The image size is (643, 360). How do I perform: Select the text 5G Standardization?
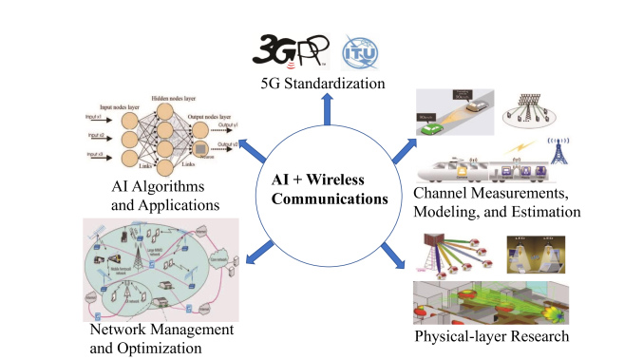[x=322, y=85]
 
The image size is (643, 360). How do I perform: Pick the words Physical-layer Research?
[x=491, y=336]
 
